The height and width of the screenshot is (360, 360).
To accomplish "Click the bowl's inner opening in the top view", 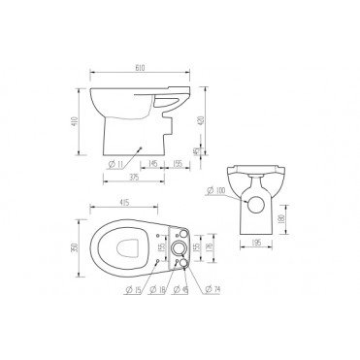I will (123, 249).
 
